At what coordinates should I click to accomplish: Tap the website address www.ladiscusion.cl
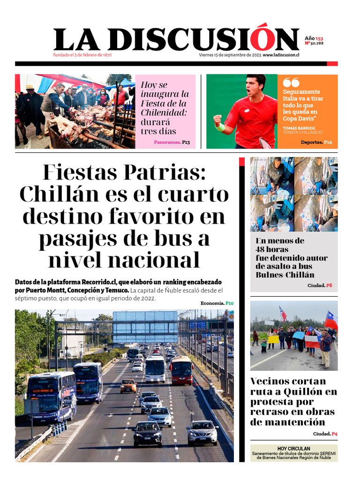click(x=281, y=55)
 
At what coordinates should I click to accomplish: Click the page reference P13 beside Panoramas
click(x=186, y=142)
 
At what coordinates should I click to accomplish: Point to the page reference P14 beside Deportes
click(x=328, y=142)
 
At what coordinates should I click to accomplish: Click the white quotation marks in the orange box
click(x=291, y=82)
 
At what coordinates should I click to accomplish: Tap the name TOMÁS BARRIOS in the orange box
click(x=300, y=127)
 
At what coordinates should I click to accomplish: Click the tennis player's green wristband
click(x=220, y=127)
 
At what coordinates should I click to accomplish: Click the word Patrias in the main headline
click(x=164, y=173)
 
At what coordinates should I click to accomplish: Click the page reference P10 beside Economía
click(x=229, y=303)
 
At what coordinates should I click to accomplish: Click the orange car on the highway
click(x=128, y=386)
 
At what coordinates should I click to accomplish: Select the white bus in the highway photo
click(x=155, y=368)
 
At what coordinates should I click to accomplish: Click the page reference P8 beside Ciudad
click(x=329, y=285)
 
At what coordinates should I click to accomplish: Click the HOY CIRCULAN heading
click(x=294, y=449)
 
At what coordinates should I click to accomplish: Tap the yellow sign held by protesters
click(x=273, y=339)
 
